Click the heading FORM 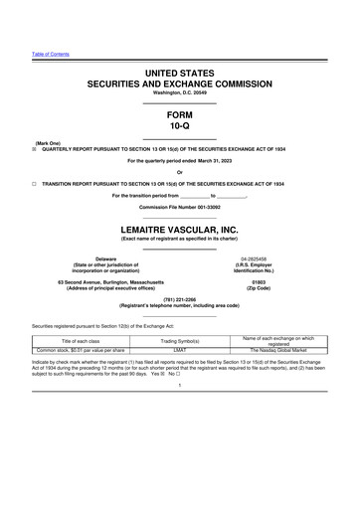pos(180,114)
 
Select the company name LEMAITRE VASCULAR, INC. pos(180,228)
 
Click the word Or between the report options pos(180,173)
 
